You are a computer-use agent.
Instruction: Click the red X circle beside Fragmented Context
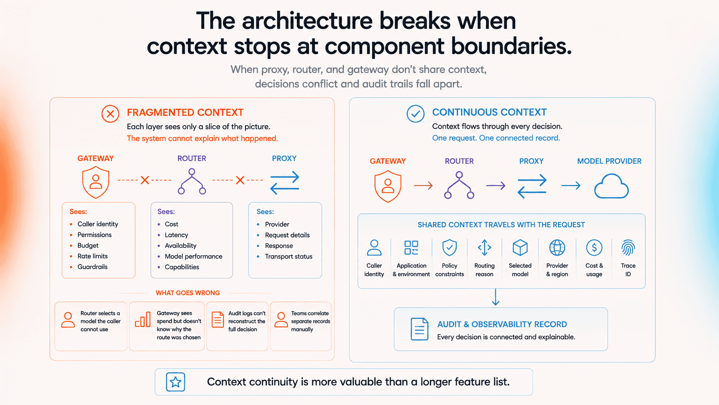coord(110,114)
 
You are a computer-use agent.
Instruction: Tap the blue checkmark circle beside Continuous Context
coord(415,114)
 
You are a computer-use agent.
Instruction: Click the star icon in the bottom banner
coord(175,382)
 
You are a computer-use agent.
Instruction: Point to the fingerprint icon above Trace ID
coord(628,247)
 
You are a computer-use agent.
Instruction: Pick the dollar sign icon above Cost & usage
coord(594,247)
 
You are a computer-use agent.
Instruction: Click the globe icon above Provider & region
coord(557,247)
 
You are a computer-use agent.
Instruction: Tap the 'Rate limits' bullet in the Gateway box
coord(92,256)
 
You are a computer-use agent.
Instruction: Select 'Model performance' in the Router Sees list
coord(194,256)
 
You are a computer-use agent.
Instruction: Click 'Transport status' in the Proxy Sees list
coord(289,256)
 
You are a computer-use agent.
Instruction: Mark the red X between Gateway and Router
coord(145,180)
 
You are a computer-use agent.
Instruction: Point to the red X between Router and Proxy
coord(240,180)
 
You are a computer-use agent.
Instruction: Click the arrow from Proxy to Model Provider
coord(571,185)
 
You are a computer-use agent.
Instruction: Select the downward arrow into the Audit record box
coord(495,297)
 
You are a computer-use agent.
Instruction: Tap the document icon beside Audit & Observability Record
coord(419,329)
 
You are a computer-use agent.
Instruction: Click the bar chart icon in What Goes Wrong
coord(142,320)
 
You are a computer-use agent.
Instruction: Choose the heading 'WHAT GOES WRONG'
coord(188,293)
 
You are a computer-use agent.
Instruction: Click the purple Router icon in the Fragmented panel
coord(192,182)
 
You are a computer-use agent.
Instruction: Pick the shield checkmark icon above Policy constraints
coord(449,247)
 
